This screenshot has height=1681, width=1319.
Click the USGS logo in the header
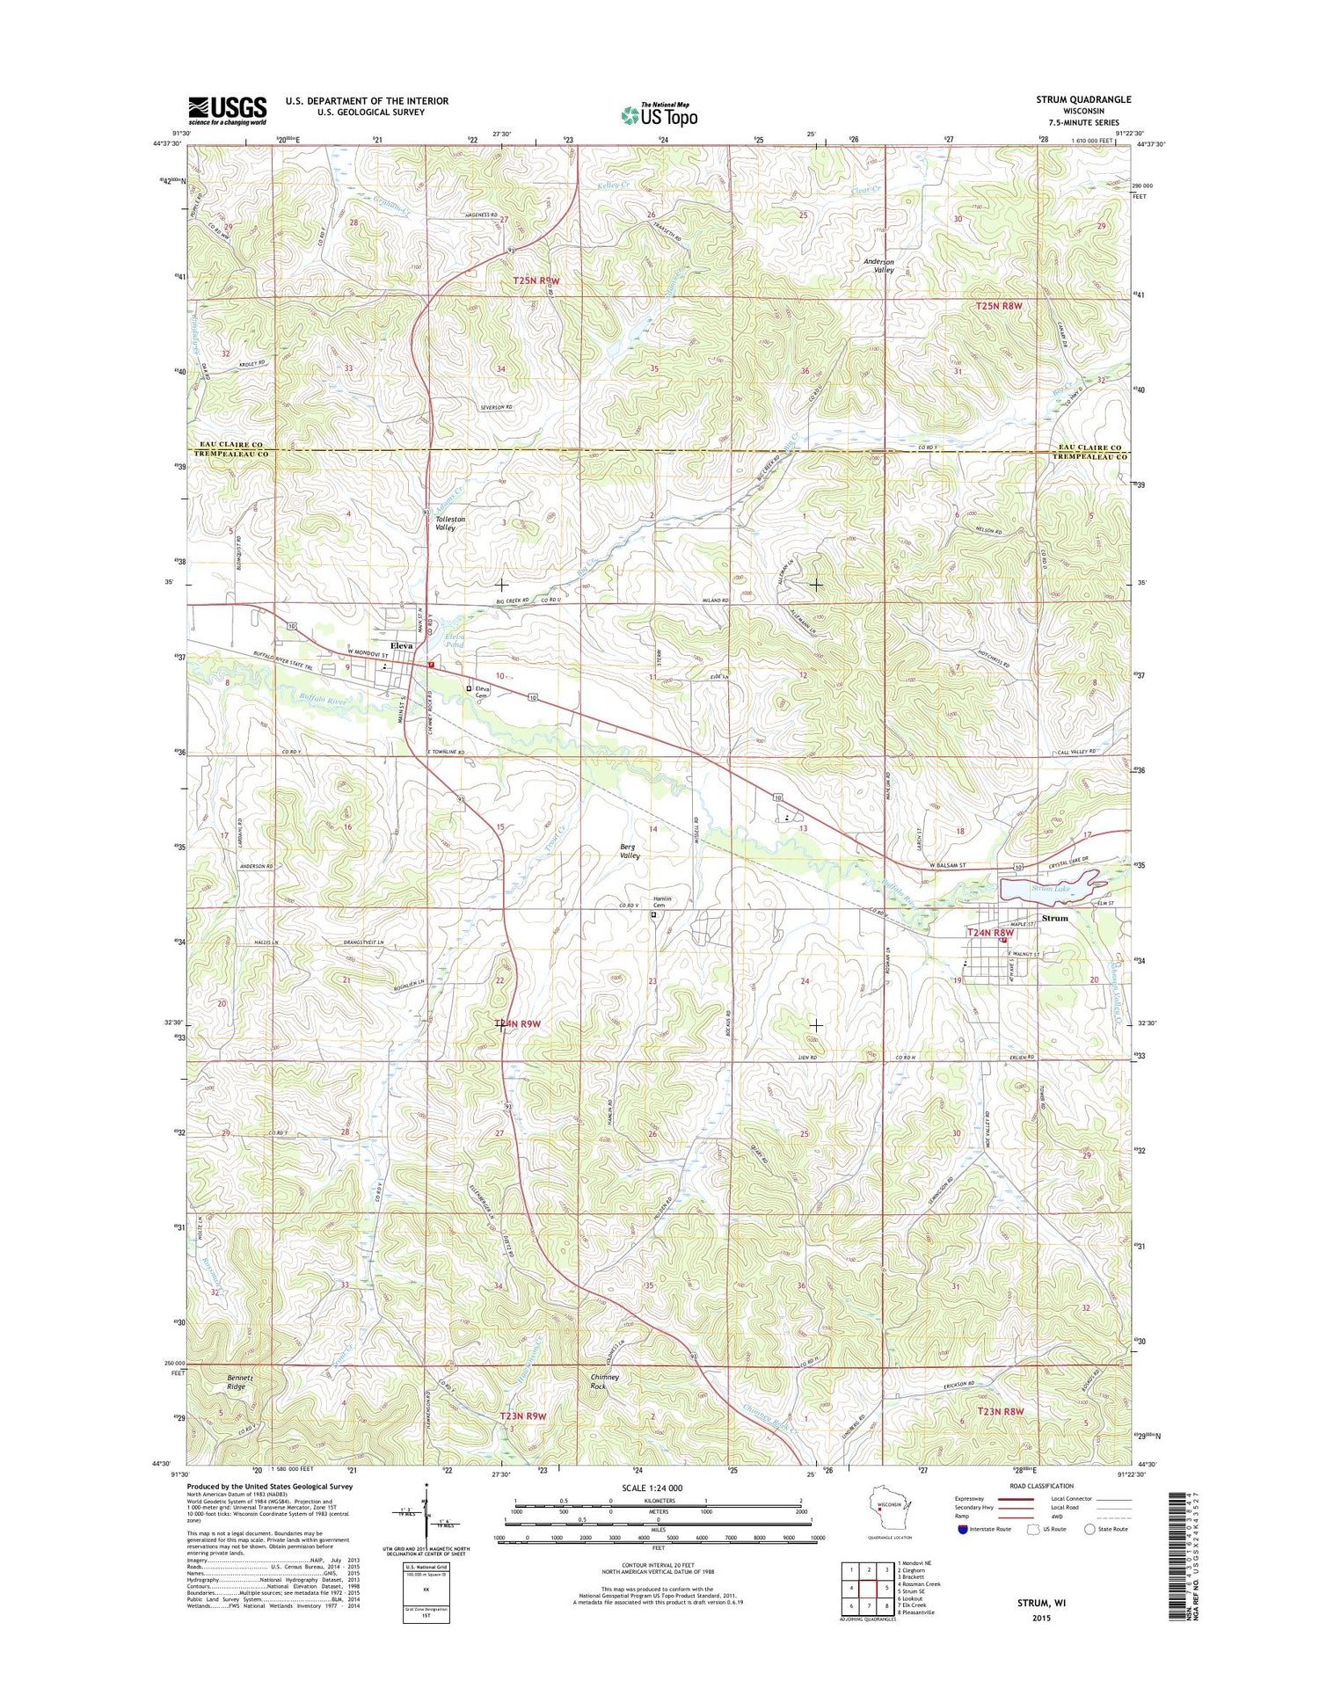coord(227,110)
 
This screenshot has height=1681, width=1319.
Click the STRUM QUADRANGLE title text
coord(1083,99)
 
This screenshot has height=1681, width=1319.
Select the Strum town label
coord(1054,918)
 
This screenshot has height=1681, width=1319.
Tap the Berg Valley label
coord(630,850)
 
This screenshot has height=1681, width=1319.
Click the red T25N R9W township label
coord(536,280)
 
